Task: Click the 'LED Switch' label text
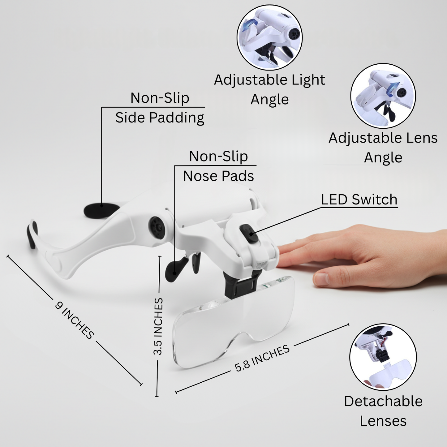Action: tap(359, 200)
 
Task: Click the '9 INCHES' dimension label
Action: tap(74, 320)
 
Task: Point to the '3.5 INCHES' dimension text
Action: tap(158, 326)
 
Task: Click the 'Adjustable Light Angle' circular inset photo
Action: tap(269, 37)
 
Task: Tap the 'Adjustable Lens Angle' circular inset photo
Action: tap(383, 96)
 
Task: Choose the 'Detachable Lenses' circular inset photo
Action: tap(383, 357)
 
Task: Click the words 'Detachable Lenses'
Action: tap(383, 411)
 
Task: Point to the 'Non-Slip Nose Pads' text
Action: tap(218, 166)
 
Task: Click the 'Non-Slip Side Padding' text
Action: tap(160, 108)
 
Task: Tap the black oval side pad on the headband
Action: tap(101, 211)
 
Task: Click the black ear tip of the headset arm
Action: tap(32, 234)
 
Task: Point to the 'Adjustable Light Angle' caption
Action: tap(269, 89)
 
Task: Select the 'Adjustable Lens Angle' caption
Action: tap(383, 148)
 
